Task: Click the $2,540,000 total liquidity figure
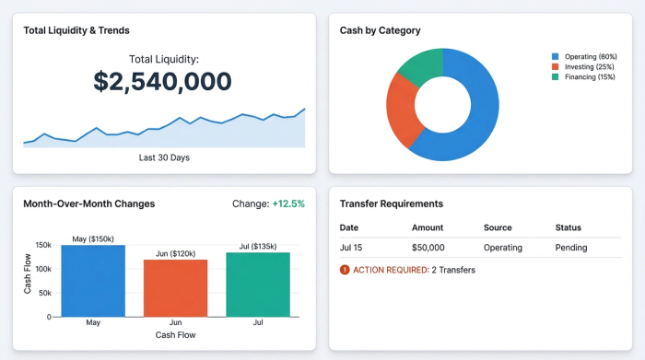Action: point(163,81)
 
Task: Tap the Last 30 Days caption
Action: point(164,157)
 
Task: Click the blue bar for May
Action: point(93,281)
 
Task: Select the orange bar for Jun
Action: point(175,288)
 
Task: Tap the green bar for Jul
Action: point(258,285)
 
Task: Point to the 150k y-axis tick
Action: point(43,245)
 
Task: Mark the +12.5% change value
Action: point(287,203)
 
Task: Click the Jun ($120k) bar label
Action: point(175,253)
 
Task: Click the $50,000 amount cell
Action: point(428,248)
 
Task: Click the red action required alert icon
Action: point(345,270)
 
